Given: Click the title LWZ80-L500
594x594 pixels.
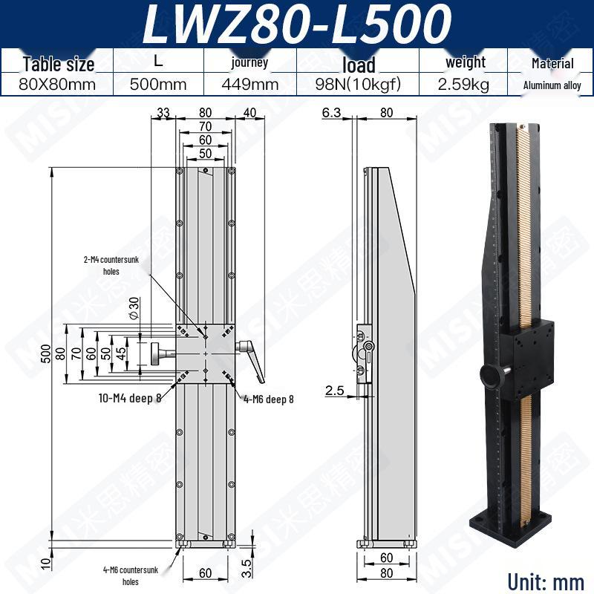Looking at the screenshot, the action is point(296,24).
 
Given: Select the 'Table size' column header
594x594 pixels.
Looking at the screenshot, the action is point(59,64).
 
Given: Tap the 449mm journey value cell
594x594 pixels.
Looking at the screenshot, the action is point(250,84).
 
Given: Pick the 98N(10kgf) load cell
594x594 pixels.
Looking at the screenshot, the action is point(358,84).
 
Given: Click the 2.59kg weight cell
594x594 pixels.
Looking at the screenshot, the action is point(463,84).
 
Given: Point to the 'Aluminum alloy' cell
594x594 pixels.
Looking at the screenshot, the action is point(552,85).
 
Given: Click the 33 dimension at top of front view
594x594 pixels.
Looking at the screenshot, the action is point(163,113).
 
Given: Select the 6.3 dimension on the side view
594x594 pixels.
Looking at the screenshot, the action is point(331,113).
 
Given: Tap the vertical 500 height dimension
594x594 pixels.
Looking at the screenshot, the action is point(45,353).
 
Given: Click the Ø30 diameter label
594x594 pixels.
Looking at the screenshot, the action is point(134,308).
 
